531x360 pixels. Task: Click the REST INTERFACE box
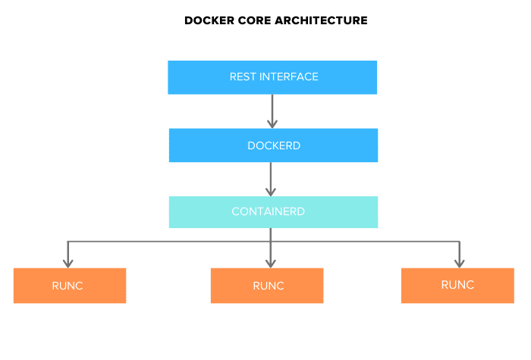(272, 77)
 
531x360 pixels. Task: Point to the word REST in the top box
(243, 77)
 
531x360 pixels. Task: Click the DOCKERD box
(273, 146)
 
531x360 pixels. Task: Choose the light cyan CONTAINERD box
(273, 212)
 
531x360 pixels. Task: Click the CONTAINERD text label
(269, 211)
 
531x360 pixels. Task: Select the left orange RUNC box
(70, 286)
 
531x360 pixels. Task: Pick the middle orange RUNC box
(267, 286)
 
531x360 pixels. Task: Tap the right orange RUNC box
(457, 286)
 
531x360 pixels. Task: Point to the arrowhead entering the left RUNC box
(69, 263)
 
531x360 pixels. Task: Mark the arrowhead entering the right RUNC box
(458, 263)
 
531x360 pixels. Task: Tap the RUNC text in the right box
(457, 285)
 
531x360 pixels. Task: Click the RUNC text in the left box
(69, 286)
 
